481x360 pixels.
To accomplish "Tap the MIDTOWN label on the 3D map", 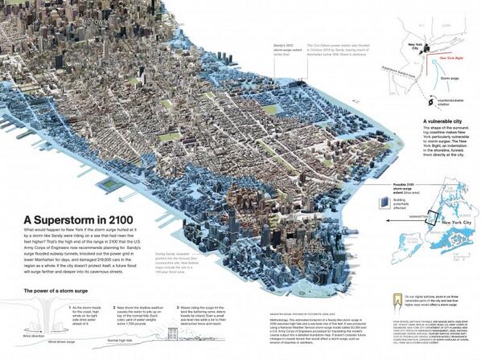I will coord(97,23).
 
